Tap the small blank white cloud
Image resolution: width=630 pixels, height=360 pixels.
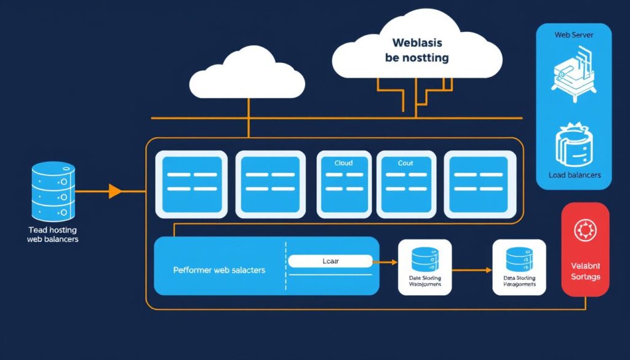(247, 77)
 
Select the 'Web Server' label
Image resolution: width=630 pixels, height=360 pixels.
(573, 35)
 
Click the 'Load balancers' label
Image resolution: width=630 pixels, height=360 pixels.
(574, 175)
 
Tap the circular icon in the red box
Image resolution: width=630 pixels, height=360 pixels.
(584, 231)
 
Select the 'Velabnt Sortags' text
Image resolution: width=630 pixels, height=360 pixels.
(584, 271)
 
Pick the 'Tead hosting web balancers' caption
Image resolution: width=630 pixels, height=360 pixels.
(53, 234)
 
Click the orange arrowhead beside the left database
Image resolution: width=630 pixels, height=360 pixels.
(115, 191)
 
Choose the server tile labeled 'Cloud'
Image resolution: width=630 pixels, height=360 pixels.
(343, 183)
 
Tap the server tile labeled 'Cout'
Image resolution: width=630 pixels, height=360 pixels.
(406, 183)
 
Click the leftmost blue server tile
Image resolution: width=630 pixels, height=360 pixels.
(191, 183)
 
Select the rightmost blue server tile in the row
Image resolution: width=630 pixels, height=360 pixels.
(480, 183)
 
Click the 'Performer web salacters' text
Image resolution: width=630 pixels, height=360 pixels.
(219, 270)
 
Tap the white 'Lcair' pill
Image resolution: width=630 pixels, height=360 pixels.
(330, 261)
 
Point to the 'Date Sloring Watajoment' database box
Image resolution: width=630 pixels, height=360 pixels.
(425, 266)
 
